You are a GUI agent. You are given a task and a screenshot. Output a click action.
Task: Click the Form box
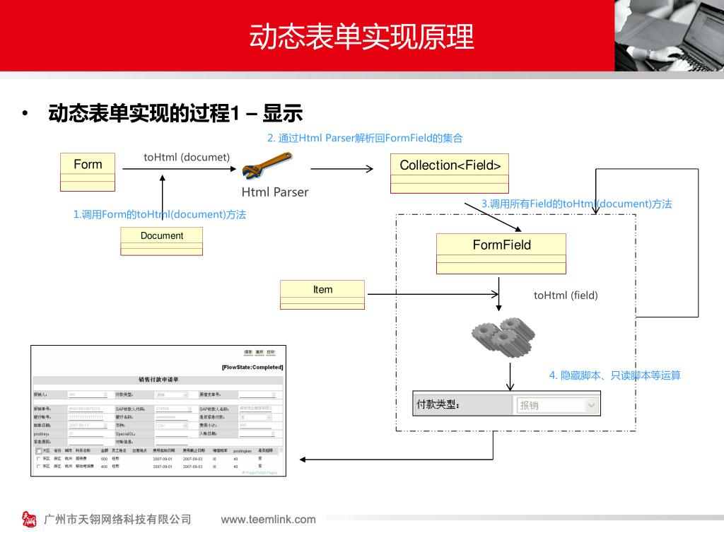click(x=88, y=172)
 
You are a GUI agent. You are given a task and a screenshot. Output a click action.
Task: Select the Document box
click(x=161, y=241)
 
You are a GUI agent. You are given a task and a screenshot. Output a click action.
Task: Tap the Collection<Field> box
click(x=450, y=173)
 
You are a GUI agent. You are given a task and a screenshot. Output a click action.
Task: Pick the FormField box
click(x=501, y=253)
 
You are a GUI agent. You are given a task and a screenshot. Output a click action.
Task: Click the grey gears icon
click(x=503, y=336)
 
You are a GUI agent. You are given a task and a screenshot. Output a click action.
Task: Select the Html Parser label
click(x=275, y=192)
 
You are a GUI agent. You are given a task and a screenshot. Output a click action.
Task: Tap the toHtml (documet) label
click(x=187, y=157)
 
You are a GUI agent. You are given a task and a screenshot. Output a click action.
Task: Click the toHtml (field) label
click(x=566, y=296)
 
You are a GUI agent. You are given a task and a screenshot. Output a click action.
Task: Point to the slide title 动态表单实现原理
click(x=361, y=37)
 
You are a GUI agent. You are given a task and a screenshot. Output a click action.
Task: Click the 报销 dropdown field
click(x=556, y=405)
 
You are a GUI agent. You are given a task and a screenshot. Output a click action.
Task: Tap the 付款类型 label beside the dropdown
click(x=438, y=405)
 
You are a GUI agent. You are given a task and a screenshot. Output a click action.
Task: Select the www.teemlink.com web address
click(x=269, y=520)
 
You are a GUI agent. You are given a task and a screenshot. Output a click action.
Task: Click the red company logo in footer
click(x=29, y=520)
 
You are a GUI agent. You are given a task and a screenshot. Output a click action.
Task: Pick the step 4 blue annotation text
click(x=615, y=375)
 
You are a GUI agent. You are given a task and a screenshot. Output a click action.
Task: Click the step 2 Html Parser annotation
click(x=365, y=138)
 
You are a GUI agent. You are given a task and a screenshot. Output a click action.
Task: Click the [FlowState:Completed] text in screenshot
click(x=252, y=367)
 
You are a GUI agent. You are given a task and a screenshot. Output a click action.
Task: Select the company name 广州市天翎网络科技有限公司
click(x=118, y=520)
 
